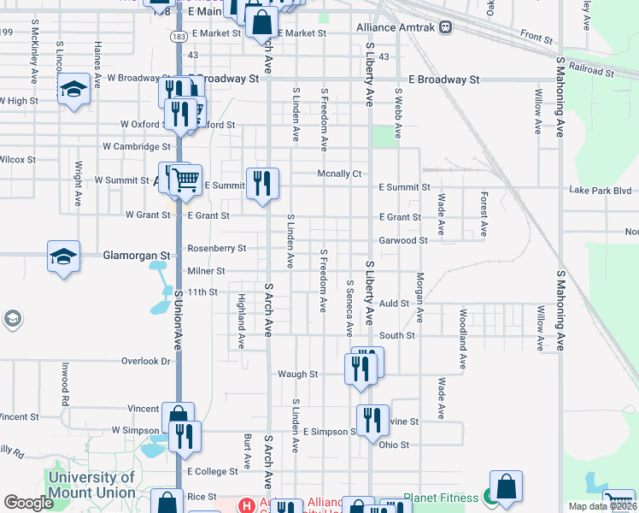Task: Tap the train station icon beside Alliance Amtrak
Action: [x=447, y=27]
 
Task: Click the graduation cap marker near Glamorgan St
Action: [x=64, y=257]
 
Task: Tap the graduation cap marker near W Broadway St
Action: [x=74, y=89]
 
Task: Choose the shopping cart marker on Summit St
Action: [x=186, y=180]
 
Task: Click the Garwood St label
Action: [x=403, y=241]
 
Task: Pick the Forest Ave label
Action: [x=484, y=214]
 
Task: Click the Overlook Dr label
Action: [x=145, y=362]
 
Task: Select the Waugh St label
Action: [x=297, y=374]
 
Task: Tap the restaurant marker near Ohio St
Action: [x=372, y=421]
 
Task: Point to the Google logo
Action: [x=28, y=503]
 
